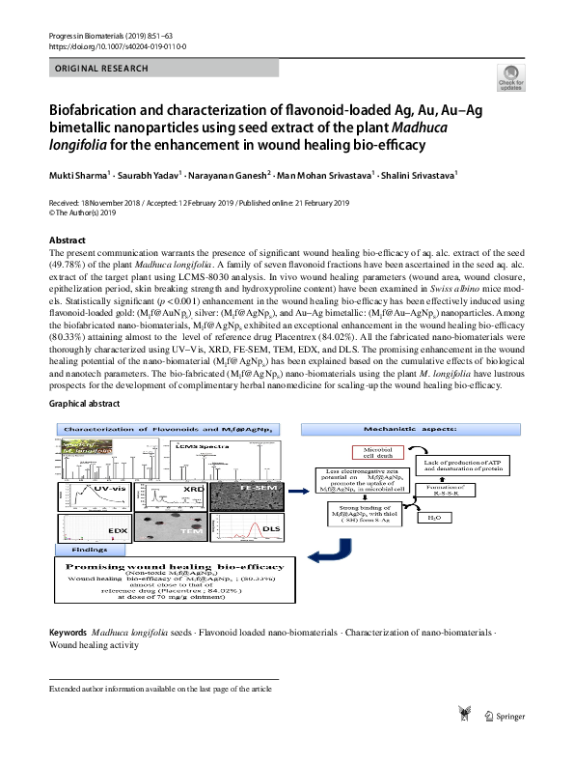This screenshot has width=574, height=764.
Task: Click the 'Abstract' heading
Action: click(68, 240)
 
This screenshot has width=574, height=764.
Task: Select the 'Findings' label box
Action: click(90, 548)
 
